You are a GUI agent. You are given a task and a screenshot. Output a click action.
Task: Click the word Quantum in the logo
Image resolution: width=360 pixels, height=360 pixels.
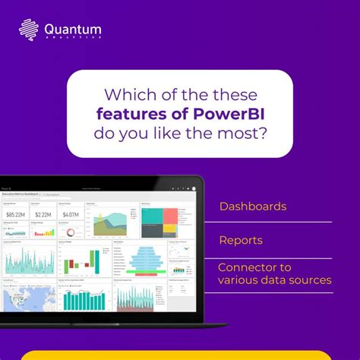pyautogui.click(x=73, y=30)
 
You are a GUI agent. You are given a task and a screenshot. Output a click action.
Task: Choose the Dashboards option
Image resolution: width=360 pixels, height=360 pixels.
pyautogui.click(x=253, y=206)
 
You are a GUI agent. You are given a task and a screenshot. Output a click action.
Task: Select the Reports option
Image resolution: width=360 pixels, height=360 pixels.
pyautogui.click(x=241, y=240)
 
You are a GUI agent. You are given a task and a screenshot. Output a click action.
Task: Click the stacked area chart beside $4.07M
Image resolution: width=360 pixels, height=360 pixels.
pyautogui.click(x=112, y=222)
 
